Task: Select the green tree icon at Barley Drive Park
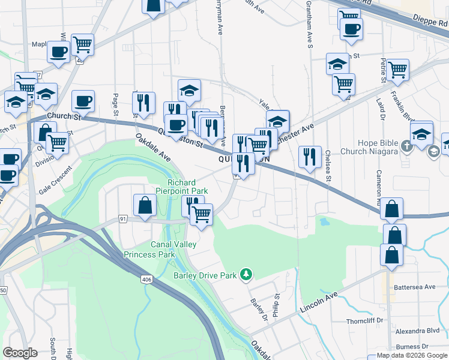(x=246, y=275)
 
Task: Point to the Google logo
(x=20, y=353)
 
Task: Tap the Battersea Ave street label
(x=415, y=287)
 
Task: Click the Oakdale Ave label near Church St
(x=152, y=147)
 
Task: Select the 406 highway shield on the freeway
(x=147, y=279)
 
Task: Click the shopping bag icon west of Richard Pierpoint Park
(x=145, y=205)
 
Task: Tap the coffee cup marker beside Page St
(x=83, y=100)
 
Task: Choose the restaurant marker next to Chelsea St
(x=310, y=157)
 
